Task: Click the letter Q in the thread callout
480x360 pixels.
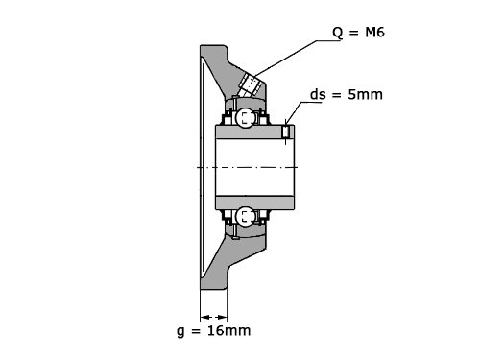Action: pyautogui.click(x=338, y=33)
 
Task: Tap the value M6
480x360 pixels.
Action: pyautogui.click(x=374, y=33)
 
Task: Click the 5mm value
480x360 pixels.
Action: pyautogui.click(x=365, y=95)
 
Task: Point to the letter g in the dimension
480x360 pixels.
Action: pyautogui.click(x=180, y=331)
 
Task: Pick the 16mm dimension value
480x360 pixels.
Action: pyautogui.click(x=229, y=330)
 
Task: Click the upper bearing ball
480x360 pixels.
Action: pyautogui.click(x=245, y=117)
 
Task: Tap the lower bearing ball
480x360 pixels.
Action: pyautogui.click(x=245, y=217)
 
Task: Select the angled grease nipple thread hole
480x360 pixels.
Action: pyautogui.click(x=251, y=85)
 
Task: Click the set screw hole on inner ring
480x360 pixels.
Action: pyautogui.click(x=286, y=132)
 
